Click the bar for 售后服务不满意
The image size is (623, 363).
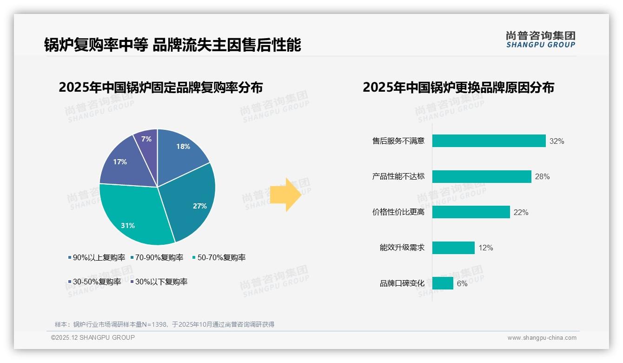click(x=489, y=141)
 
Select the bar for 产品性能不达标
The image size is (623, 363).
click(x=482, y=176)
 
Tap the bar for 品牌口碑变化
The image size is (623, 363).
click(x=443, y=283)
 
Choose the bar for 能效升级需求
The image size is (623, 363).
click(x=453, y=248)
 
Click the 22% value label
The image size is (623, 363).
click(x=521, y=212)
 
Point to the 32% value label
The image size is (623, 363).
click(x=557, y=141)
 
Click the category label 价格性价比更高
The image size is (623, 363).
click(x=398, y=212)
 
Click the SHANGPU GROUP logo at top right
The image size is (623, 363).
click(x=540, y=40)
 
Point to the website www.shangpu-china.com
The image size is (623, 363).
click(x=542, y=337)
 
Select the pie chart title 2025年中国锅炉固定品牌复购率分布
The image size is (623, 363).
click(x=160, y=87)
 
